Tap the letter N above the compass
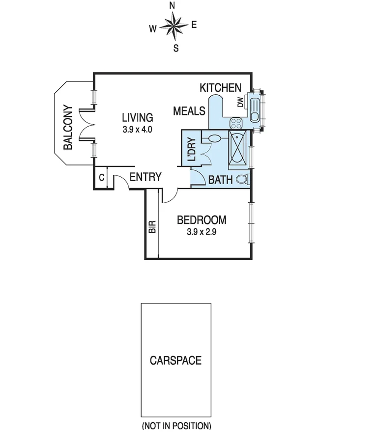pyautogui.click(x=173, y=6)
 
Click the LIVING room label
pyautogui.click(x=138, y=118)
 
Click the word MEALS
pyautogui.click(x=189, y=111)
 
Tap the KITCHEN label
pyautogui.click(x=221, y=88)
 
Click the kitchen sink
pyautogui.click(x=255, y=109)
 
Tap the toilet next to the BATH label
pyautogui.click(x=242, y=179)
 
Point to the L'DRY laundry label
pyautogui.click(x=192, y=150)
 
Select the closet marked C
pyautogui.click(x=101, y=178)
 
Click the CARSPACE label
pyautogui.click(x=175, y=361)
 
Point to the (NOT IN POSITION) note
pyautogui.click(x=176, y=426)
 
